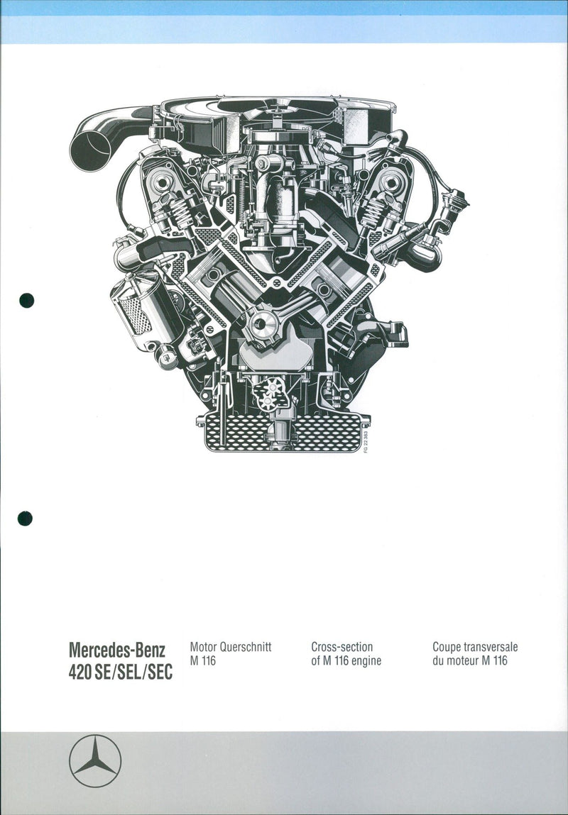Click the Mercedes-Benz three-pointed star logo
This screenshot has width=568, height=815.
[95, 760]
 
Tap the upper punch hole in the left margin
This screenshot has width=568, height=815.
[26, 300]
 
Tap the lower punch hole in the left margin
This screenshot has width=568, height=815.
[25, 519]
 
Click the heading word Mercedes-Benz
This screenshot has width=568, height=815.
[117, 650]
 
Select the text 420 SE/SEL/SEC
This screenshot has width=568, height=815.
[120, 672]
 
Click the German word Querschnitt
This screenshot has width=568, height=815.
[246, 648]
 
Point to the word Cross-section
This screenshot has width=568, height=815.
[342, 648]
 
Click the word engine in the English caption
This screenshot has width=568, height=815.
[366, 662]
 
